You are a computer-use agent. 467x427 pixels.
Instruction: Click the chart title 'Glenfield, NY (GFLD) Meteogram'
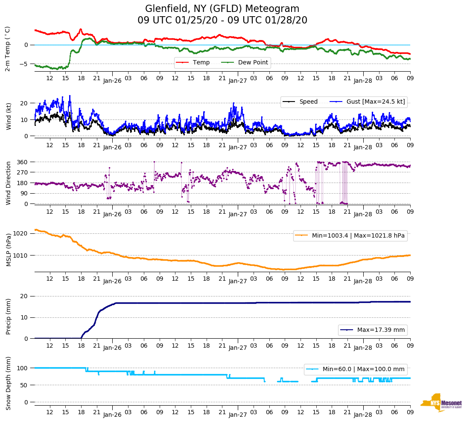tap(222, 9)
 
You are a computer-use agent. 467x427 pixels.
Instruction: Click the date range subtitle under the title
tap(222, 20)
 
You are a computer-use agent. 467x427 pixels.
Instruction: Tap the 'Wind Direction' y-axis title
tap(9, 183)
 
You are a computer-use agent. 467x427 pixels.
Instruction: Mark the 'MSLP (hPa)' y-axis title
tap(9, 250)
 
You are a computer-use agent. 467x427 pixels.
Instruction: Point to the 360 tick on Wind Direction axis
tap(23, 162)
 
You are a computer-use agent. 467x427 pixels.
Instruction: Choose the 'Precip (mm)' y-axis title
tap(9, 317)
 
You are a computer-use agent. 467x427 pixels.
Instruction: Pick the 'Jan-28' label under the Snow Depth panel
tap(363, 415)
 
